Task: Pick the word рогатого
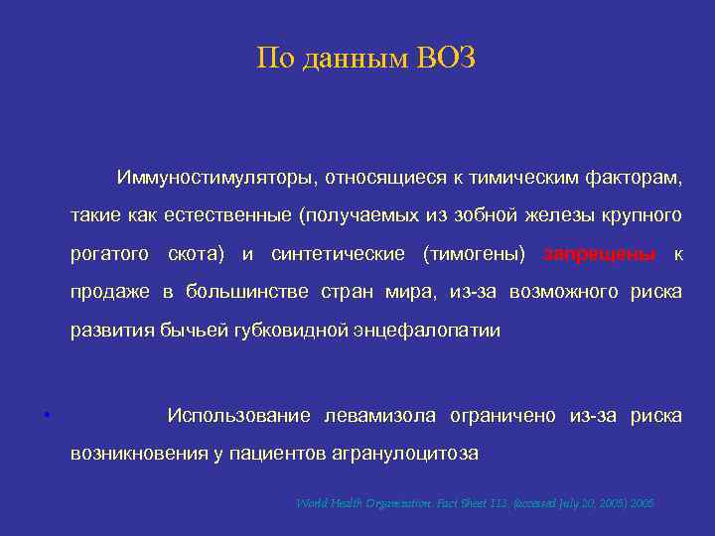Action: (110, 254)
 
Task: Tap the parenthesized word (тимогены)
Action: (474, 254)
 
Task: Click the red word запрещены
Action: (599, 254)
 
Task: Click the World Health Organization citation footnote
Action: (475, 503)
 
